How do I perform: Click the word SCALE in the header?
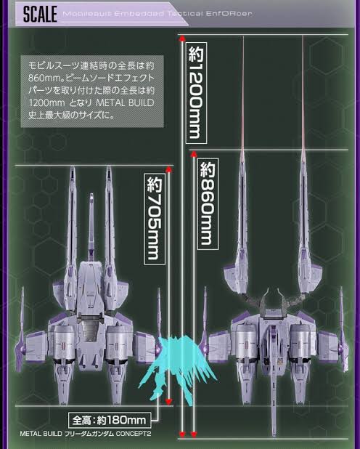pyautogui.click(x=40, y=15)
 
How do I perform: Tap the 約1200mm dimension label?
pyautogui.click(x=196, y=93)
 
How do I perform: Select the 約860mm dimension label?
pyautogui.click(x=208, y=203)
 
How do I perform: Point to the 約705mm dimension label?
pyautogui.click(x=155, y=219)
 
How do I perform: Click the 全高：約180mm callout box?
pyautogui.click(x=110, y=420)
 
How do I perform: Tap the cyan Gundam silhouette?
pyautogui.click(x=177, y=366)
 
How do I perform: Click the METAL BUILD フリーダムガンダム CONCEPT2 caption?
pyautogui.click(x=85, y=434)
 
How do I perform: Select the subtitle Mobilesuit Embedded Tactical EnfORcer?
pyautogui.click(x=157, y=14)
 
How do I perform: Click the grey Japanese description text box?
pyautogui.click(x=92, y=92)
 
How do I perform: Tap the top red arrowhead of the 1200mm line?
pyautogui.click(x=182, y=39)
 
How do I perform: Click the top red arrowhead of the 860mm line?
pyautogui.click(x=194, y=155)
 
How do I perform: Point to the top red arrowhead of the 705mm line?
pyautogui.click(x=169, y=169)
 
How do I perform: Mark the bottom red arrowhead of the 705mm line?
pyautogui.click(x=169, y=401)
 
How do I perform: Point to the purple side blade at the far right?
pyautogui.click(x=342, y=329)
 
